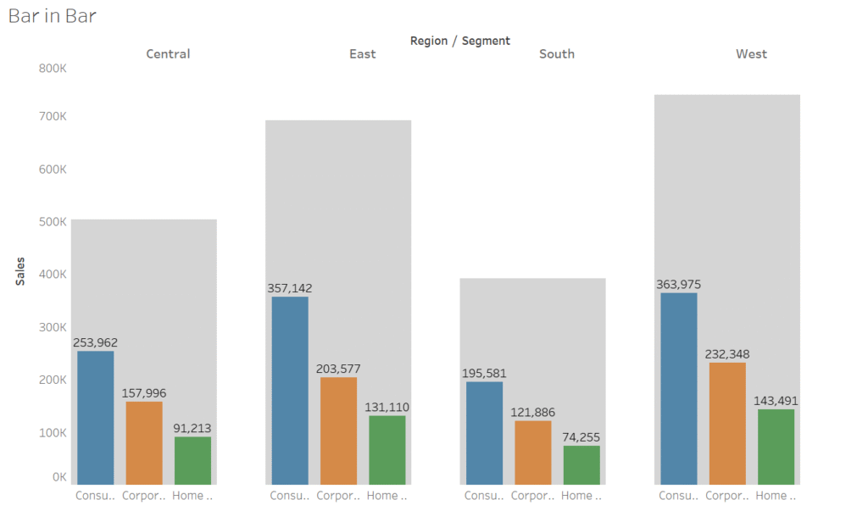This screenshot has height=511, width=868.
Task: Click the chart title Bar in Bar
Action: coord(53,16)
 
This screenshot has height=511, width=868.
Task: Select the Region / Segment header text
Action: coord(459,41)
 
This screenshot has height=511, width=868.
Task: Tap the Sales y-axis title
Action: coord(19,271)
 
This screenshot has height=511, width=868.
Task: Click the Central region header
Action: coord(168,54)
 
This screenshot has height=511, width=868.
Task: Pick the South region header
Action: coord(557,54)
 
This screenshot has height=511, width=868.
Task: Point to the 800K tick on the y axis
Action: coord(53,68)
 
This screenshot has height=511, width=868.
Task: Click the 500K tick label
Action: coord(53,222)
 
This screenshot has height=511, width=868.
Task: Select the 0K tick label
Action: coord(58,477)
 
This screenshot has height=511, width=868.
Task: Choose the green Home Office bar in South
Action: coord(581,465)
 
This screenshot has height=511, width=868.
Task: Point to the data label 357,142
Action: coord(290,288)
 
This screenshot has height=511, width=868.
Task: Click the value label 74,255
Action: coord(581,437)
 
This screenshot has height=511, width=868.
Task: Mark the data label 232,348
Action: coord(727,354)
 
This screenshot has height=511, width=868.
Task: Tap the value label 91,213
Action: coord(192,428)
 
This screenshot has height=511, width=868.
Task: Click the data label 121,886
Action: coord(532,412)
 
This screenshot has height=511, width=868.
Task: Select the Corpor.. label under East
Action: coord(338,496)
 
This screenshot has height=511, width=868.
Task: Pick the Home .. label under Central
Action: coord(192,496)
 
